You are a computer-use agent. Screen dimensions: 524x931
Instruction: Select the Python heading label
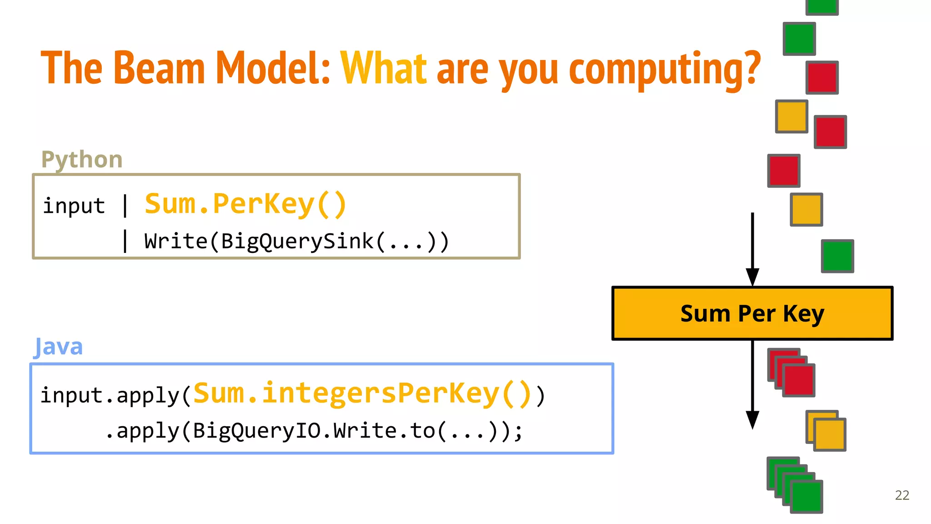pyautogui.click(x=82, y=160)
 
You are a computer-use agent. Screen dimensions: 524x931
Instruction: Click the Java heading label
pyautogui.click(x=59, y=347)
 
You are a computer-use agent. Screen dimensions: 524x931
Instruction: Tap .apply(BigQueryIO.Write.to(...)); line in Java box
pyautogui.click(x=314, y=430)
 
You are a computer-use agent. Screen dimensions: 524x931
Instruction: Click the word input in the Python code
pyautogui.click(x=74, y=206)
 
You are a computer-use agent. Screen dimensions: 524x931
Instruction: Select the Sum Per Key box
pyautogui.click(x=752, y=313)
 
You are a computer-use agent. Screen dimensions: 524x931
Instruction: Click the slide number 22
pyautogui.click(x=902, y=495)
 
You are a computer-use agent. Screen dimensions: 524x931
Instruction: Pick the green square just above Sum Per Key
pyautogui.click(x=837, y=256)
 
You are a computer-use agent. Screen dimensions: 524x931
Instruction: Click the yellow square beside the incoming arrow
pyautogui.click(x=806, y=209)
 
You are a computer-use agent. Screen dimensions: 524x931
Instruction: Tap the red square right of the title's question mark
pyautogui.click(x=822, y=77)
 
